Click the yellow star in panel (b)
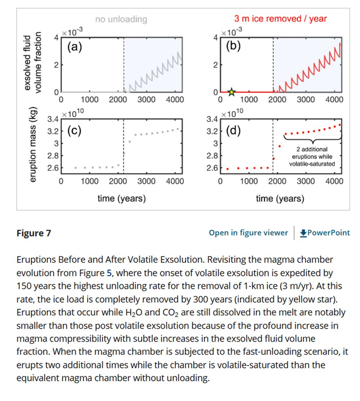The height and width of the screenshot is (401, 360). (231, 92)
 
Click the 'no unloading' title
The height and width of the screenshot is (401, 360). (121, 19)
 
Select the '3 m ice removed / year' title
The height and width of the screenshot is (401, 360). (281, 18)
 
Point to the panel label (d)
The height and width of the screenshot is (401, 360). (233, 131)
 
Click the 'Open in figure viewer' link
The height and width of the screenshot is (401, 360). (248, 233)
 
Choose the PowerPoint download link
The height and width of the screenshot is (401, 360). (325, 233)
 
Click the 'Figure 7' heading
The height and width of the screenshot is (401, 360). (34, 233)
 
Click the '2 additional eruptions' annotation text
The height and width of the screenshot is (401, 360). (312, 156)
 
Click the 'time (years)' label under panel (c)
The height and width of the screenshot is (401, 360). (121, 199)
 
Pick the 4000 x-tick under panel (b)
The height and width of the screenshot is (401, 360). (335, 100)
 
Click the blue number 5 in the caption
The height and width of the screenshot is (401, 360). (109, 274)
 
